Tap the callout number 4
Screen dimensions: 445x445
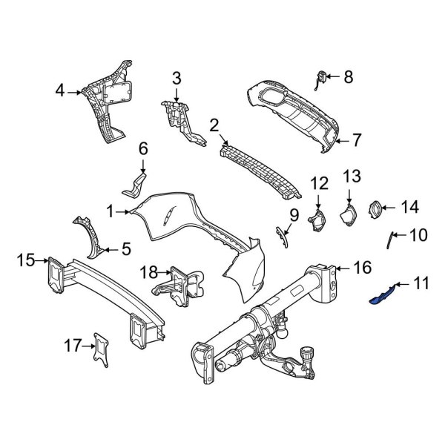tap(61, 92)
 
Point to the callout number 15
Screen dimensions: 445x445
tap(26, 260)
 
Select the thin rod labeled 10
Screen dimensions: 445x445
tap(387, 240)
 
